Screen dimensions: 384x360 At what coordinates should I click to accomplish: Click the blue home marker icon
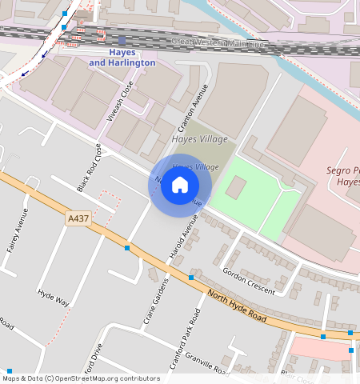click(x=180, y=186)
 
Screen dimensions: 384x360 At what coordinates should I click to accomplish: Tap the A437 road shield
click(x=78, y=218)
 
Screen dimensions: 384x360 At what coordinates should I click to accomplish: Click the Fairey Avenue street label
click(x=18, y=231)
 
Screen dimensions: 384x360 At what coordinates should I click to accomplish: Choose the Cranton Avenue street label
click(x=195, y=105)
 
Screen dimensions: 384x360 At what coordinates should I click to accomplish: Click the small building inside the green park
click(x=236, y=188)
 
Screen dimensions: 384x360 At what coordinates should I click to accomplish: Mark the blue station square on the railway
click(x=122, y=40)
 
